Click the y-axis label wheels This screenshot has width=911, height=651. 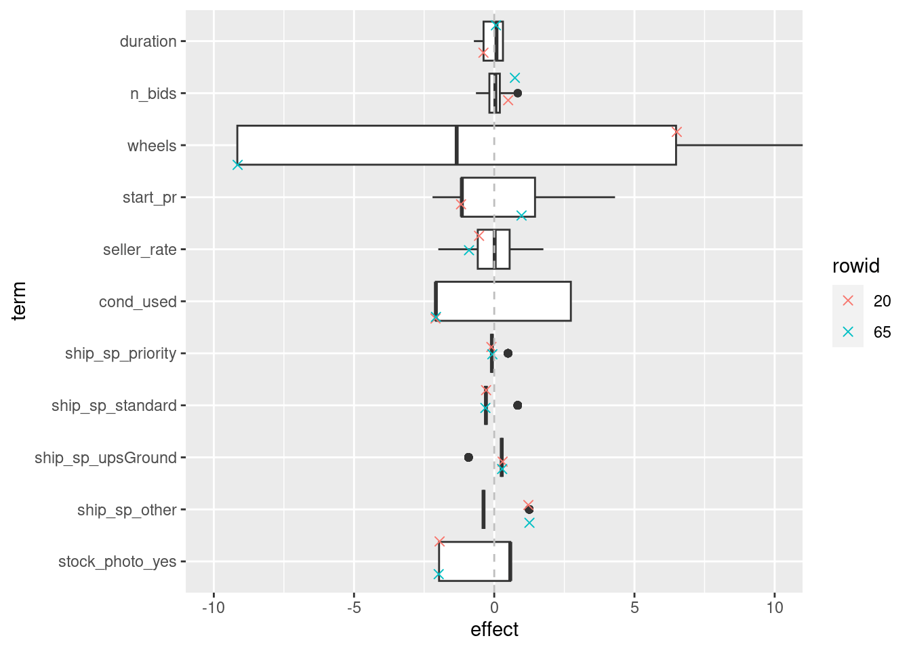151,146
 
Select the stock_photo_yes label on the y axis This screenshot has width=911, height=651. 117,561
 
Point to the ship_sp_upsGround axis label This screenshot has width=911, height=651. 106,458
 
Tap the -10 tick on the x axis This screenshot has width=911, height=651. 214,608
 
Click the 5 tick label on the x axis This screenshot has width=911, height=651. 634,608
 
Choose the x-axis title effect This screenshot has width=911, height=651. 494,629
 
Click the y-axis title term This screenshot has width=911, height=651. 19,301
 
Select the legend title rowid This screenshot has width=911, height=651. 855,266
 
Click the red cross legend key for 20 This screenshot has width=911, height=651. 847,301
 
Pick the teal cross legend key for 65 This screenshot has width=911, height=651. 847,332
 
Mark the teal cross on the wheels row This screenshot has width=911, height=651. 237,165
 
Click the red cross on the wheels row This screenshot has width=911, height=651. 676,132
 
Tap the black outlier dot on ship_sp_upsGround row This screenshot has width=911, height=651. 468,458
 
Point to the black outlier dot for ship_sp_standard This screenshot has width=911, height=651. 517,406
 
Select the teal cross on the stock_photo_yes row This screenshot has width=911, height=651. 439,574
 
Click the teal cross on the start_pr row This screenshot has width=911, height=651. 521,216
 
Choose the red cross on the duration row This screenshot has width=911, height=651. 483,53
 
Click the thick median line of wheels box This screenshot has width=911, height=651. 456,145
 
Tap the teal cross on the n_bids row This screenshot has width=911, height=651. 514,78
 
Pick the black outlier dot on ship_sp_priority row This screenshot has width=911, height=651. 508,353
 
